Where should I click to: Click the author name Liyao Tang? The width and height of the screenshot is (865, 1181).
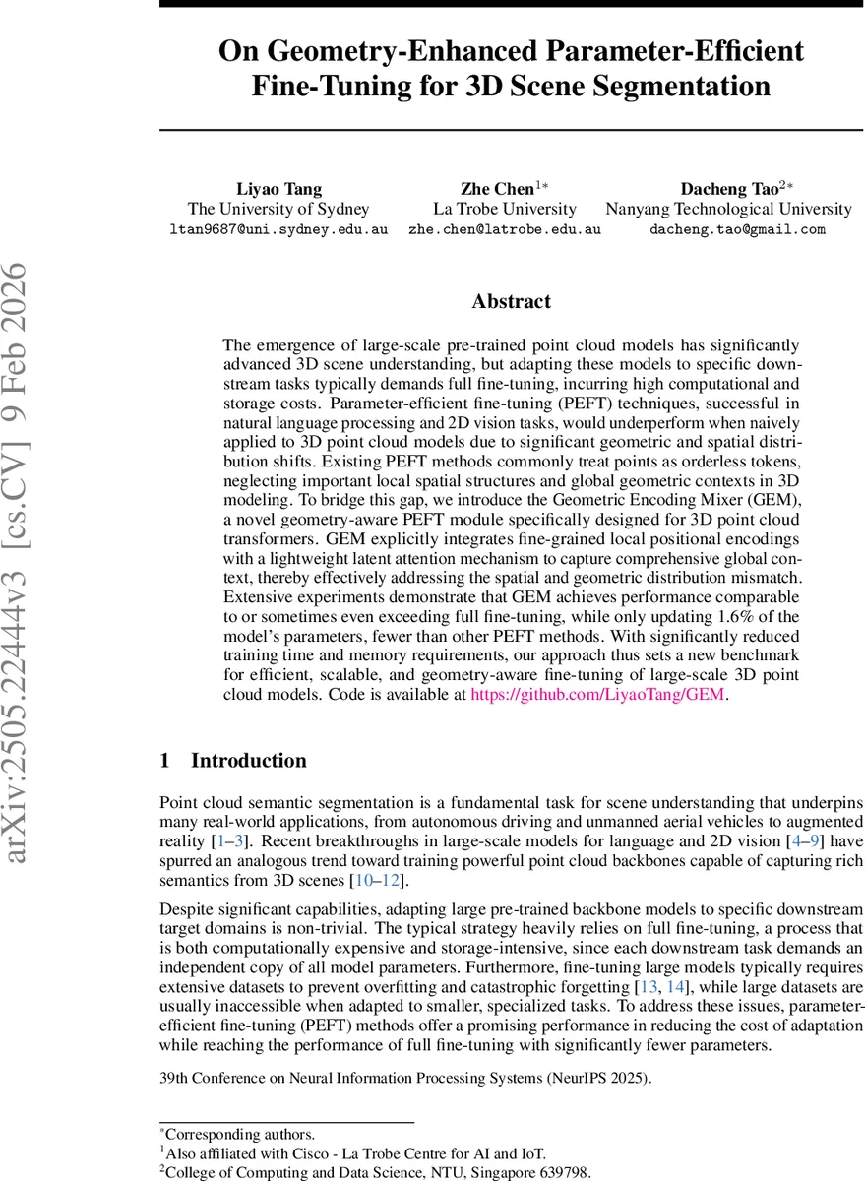[x=278, y=188]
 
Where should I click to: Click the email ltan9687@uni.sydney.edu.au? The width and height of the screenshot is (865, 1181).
[x=278, y=229]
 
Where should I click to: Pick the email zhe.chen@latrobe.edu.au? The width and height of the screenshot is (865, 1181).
[x=505, y=229]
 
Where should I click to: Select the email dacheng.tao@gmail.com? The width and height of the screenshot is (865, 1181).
[x=728, y=229]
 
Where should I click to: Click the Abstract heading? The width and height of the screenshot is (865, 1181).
[x=512, y=301]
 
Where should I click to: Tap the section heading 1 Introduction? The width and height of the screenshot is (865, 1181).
[x=233, y=760]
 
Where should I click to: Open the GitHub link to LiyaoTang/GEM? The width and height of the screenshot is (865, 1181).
[x=597, y=694]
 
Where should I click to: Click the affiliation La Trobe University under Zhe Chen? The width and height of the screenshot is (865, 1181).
[x=505, y=209]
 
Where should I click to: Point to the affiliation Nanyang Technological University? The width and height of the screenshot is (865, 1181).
[x=728, y=209]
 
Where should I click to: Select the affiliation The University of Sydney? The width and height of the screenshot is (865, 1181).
[x=278, y=209]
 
